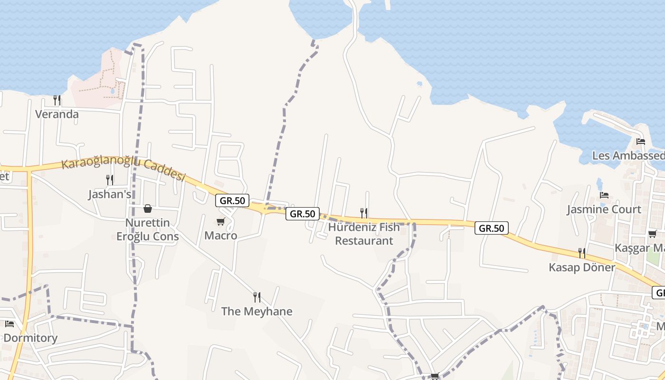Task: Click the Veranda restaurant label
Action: pos(57,114)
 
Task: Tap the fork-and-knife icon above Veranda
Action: pos(57,100)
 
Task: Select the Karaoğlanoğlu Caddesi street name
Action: pos(123,170)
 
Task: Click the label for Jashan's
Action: pos(110,195)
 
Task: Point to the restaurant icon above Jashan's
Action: pos(110,180)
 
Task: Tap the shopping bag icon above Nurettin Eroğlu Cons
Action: pos(148,209)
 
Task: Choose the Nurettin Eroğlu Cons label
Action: pos(148,229)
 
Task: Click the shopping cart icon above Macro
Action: pos(221,221)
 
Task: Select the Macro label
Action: pos(221,236)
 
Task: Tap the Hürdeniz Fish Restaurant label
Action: pos(364,234)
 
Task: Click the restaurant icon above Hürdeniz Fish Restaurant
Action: pos(364,212)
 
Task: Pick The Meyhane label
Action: pos(256,312)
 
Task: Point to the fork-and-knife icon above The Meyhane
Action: pos(256,297)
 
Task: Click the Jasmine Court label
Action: pos(604,209)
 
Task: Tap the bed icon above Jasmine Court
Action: pos(604,195)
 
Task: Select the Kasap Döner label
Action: pos(582,267)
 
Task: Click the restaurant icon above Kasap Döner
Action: pos(582,253)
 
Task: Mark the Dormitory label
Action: pos(30,338)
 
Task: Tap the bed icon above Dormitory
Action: pos(9,324)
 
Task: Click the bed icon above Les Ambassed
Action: pos(641,141)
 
